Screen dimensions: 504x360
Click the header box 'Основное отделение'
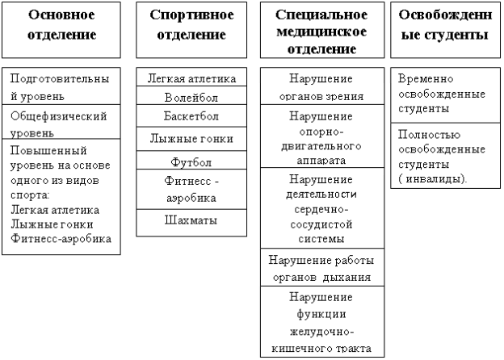pos(61,30)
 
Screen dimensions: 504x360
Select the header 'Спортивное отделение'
pos(191,30)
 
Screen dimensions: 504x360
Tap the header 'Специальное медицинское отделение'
pos(322,30)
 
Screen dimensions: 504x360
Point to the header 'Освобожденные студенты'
pos(446,30)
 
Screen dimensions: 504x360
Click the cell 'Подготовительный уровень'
pos(61,86)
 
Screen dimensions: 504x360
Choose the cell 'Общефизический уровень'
pos(61,122)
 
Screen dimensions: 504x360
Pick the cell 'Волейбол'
pos(191,95)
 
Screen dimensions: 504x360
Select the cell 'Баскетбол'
pos(191,115)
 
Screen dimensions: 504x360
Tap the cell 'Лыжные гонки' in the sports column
pos(191,139)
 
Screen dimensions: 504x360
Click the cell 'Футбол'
pos(191,160)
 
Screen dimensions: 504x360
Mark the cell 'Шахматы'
pos(191,223)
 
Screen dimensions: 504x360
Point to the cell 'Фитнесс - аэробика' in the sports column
pos(191,190)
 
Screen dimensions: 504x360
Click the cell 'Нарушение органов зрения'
pos(322,86)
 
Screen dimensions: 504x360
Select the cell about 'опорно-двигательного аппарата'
pos(322,136)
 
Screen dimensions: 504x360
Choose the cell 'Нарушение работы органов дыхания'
pos(322,267)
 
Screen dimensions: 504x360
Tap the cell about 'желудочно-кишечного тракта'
pos(322,321)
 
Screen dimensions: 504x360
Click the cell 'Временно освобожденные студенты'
pos(446,95)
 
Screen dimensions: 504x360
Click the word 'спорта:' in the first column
pos(30,195)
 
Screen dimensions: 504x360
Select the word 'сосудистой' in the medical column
pos(321,224)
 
